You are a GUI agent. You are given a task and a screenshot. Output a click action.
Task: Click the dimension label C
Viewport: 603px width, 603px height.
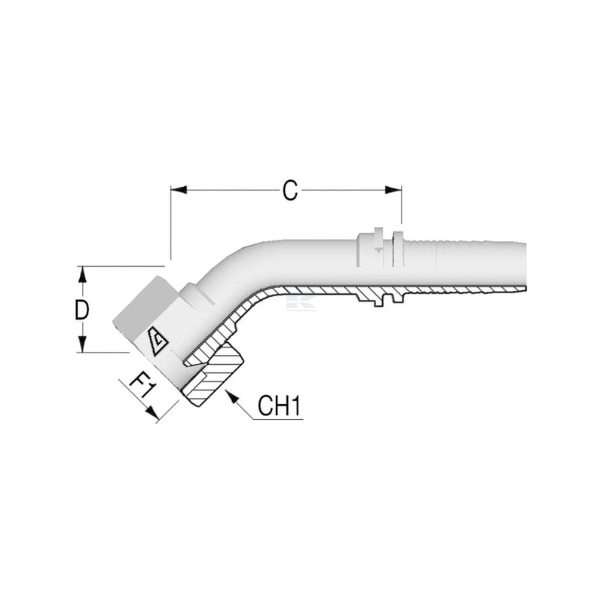(290, 191)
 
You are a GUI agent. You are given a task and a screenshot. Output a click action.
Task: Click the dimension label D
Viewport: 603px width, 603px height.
(82, 311)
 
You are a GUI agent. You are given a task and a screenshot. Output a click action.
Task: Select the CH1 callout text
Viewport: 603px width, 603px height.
(279, 406)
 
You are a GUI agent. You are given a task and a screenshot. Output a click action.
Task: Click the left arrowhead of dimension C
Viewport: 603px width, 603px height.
(179, 190)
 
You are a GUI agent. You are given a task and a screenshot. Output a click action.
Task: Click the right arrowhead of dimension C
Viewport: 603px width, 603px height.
(393, 190)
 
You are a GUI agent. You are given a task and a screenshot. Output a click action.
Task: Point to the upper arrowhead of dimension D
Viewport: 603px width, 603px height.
(82, 274)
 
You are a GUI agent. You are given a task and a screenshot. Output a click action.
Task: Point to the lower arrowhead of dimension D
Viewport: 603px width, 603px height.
(82, 344)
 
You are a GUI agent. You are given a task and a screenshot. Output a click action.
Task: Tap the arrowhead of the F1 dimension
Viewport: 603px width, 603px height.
(152, 413)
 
